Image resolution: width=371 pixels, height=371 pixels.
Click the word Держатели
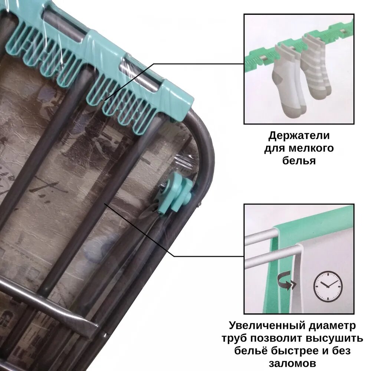tap(299, 136)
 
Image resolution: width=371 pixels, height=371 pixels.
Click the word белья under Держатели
tap(299, 161)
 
